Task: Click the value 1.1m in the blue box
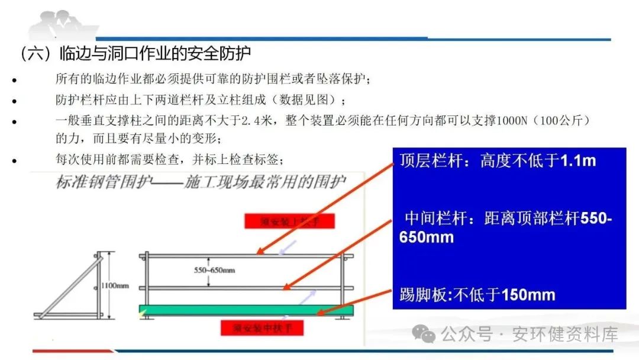point(578,160)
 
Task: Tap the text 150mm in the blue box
point(528,294)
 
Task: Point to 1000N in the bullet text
point(509,120)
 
